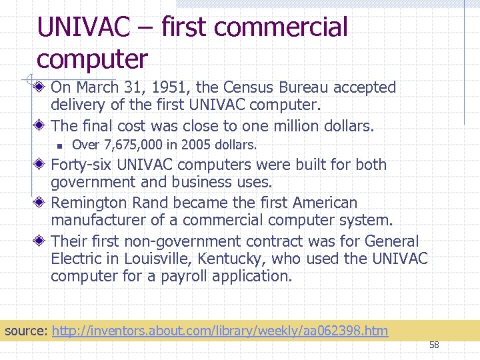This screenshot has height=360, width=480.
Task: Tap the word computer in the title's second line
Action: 92,59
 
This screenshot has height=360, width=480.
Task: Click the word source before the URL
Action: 25,331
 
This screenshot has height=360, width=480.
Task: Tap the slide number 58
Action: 434,345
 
